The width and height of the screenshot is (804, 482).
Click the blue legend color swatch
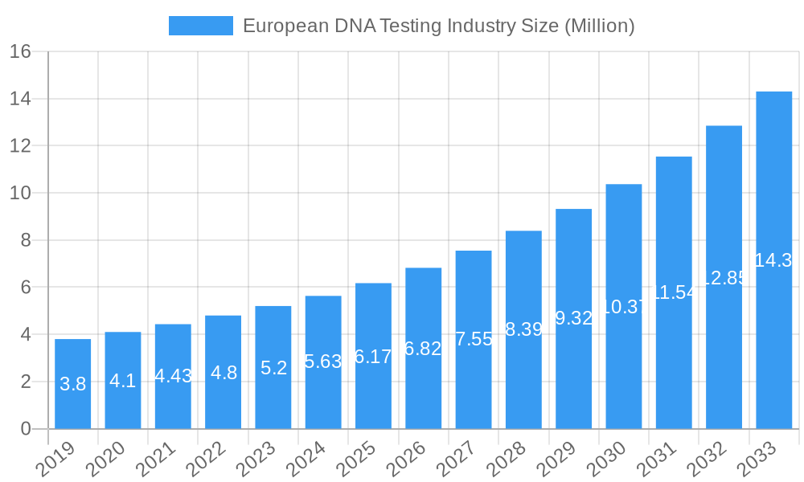point(200,26)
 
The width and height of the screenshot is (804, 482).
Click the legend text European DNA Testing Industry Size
point(438,26)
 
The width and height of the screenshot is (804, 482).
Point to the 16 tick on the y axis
point(20,51)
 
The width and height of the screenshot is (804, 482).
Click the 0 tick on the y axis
point(26,429)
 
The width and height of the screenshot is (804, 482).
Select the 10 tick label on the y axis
point(20,193)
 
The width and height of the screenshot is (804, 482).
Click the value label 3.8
point(72,384)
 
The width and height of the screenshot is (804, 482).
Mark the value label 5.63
point(323,361)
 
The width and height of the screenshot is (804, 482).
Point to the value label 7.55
point(474,339)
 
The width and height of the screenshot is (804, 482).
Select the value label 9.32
point(573,318)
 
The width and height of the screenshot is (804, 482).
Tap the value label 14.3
point(773,260)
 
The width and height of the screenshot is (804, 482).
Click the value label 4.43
point(173,376)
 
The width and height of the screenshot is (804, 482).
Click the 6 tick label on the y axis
point(26,288)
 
